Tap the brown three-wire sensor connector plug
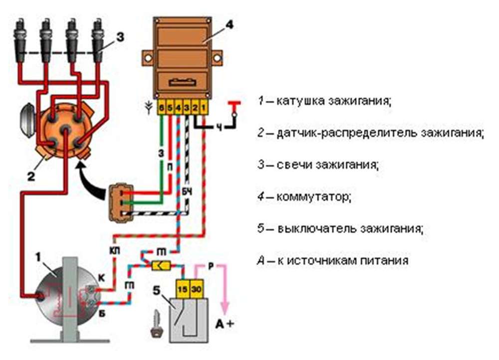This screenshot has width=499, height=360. click(118, 202)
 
